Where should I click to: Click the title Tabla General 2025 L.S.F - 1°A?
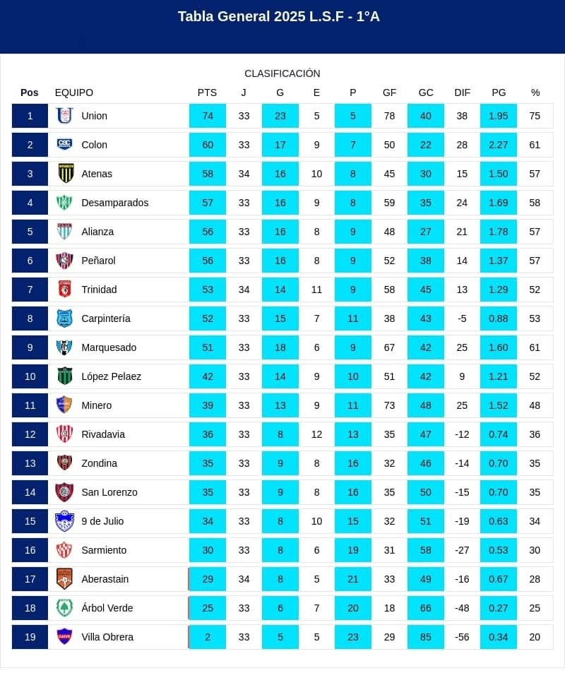pos(279,16)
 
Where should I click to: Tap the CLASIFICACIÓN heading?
pos(282,73)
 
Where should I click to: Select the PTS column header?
pos(207,93)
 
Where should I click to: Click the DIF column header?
pos(462,93)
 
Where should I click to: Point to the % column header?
pos(535,93)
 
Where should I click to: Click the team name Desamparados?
pos(115,203)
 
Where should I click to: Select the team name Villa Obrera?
pos(107,637)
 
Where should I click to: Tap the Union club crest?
pos(65,116)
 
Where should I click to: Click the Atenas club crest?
pos(65,174)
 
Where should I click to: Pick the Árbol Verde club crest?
pos(65,608)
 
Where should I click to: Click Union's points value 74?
pos(208,116)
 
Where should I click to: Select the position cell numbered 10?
pos(30,376)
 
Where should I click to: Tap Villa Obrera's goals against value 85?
pos(426,637)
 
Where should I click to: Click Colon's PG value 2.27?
pos(499,145)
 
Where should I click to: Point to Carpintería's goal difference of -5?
pos(462,318)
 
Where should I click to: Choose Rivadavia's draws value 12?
pos(316,434)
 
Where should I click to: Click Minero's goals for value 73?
pos(389,405)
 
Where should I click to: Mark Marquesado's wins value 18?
pos(280,347)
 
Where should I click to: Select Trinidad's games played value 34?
pos(244,290)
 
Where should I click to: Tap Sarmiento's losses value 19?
pos(353,550)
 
